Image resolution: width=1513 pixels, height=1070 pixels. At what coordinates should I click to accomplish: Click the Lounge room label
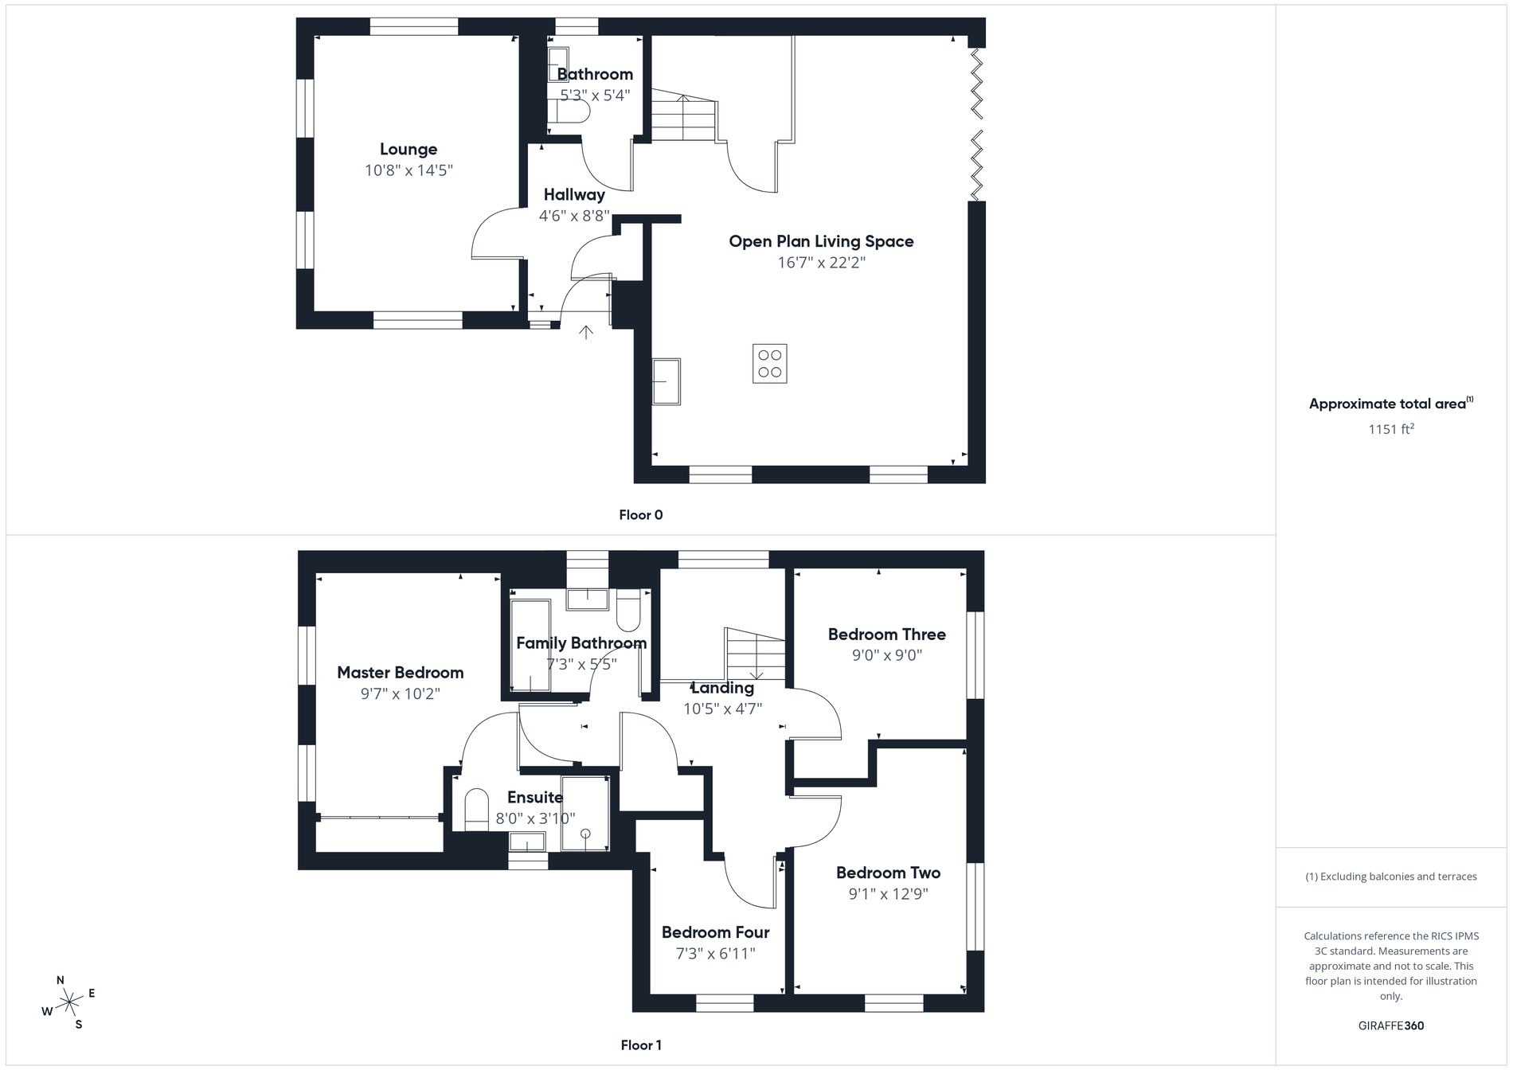[409, 149]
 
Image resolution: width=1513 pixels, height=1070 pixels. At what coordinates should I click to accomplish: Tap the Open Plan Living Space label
[821, 241]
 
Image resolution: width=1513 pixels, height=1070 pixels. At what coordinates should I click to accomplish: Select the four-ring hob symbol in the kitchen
[769, 364]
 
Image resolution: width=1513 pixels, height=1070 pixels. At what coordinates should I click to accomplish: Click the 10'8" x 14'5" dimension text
[409, 170]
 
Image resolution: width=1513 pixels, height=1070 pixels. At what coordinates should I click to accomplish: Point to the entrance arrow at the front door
[586, 332]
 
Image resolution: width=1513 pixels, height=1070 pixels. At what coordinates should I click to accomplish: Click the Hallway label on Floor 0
[574, 194]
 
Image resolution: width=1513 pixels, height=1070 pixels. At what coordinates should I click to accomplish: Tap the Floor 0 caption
[640, 515]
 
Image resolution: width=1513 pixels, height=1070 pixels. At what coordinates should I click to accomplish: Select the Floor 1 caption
[640, 1045]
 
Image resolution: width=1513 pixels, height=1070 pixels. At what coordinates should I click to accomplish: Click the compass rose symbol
[69, 1002]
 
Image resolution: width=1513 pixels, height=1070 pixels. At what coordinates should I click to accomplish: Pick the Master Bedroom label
[400, 673]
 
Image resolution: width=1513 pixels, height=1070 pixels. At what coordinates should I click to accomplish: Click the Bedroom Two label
[888, 873]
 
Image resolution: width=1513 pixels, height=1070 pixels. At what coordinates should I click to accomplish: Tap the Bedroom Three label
[886, 635]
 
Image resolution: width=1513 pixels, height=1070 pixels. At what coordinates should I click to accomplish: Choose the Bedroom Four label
[715, 932]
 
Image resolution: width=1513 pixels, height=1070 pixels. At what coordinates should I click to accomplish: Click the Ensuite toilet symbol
[476, 809]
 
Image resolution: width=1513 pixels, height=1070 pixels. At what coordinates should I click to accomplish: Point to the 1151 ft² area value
[1390, 429]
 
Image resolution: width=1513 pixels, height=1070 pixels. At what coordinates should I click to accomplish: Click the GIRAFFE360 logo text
[1390, 1025]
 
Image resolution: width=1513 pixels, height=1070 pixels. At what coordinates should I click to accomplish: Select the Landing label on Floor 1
[722, 688]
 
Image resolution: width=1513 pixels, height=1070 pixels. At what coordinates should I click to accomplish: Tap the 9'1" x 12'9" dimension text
[888, 894]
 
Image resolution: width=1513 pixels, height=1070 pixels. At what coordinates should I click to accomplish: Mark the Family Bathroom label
[581, 643]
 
